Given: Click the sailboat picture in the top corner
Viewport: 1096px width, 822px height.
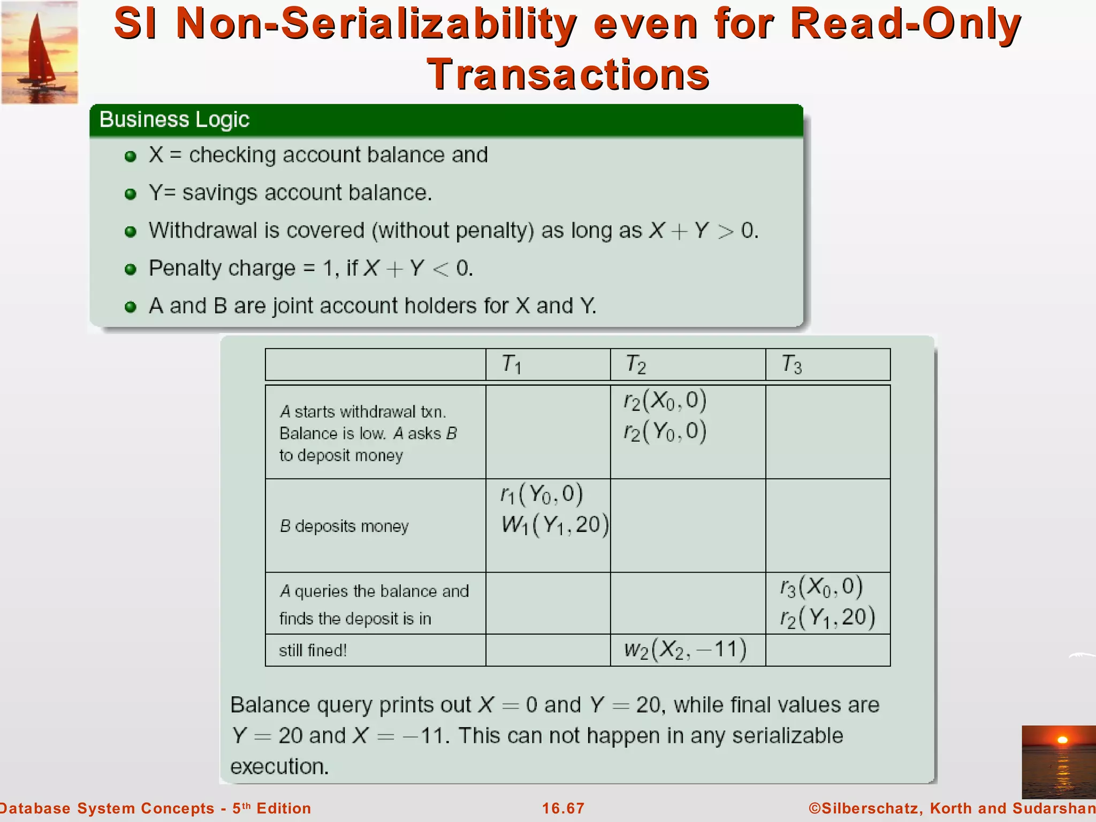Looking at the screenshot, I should click(x=39, y=52).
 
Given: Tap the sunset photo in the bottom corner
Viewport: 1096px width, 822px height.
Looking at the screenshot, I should click(x=1059, y=762).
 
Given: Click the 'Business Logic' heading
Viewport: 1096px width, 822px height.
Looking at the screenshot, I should click(x=174, y=119).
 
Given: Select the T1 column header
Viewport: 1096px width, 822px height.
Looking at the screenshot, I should click(x=511, y=364).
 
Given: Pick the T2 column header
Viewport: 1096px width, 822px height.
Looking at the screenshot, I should click(x=636, y=364).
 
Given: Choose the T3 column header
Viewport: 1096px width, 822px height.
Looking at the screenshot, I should click(x=791, y=364).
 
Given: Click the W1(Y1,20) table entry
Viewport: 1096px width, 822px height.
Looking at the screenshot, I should click(x=554, y=525).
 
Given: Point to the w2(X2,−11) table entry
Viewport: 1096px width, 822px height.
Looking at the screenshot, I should click(x=685, y=650).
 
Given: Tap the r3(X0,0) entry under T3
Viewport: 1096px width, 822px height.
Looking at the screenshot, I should click(x=821, y=587).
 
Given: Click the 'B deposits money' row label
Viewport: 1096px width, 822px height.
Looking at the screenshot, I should click(x=344, y=526).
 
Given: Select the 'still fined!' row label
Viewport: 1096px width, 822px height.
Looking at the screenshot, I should click(x=313, y=650).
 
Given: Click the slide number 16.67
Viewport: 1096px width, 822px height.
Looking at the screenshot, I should click(x=563, y=808).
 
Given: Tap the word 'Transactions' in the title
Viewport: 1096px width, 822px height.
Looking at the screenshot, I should click(x=568, y=74).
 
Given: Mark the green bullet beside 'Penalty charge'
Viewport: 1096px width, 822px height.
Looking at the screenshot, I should click(x=130, y=269).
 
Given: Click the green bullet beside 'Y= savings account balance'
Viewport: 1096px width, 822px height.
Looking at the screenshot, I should click(x=130, y=194).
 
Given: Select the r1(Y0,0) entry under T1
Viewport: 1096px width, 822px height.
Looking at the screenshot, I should click(x=542, y=494).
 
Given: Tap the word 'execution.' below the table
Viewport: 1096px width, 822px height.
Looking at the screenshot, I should click(x=279, y=766).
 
